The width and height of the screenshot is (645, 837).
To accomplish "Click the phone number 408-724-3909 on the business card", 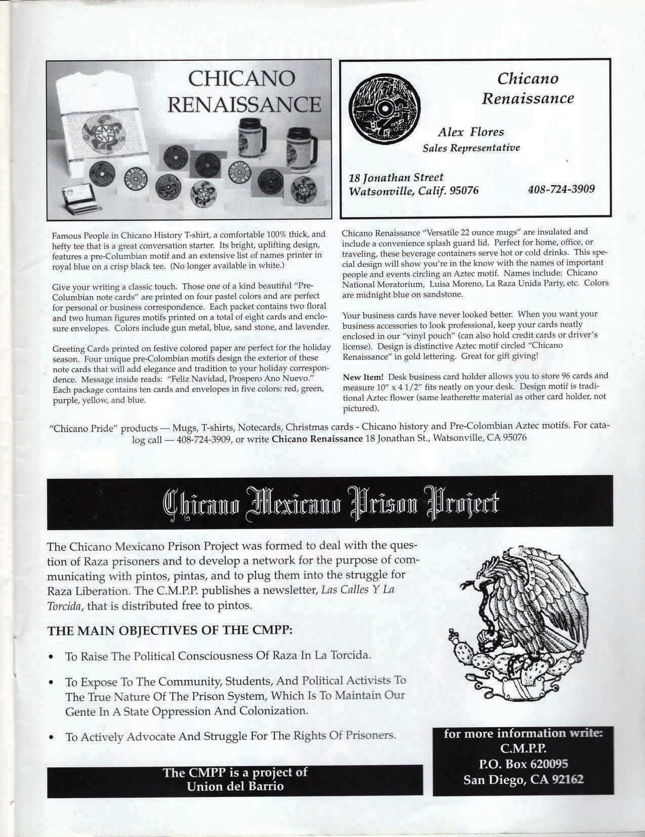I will coord(561,189).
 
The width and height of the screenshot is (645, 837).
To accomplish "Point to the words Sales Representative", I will coord(471,148).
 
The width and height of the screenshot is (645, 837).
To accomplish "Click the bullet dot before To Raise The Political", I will coord(52,657).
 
